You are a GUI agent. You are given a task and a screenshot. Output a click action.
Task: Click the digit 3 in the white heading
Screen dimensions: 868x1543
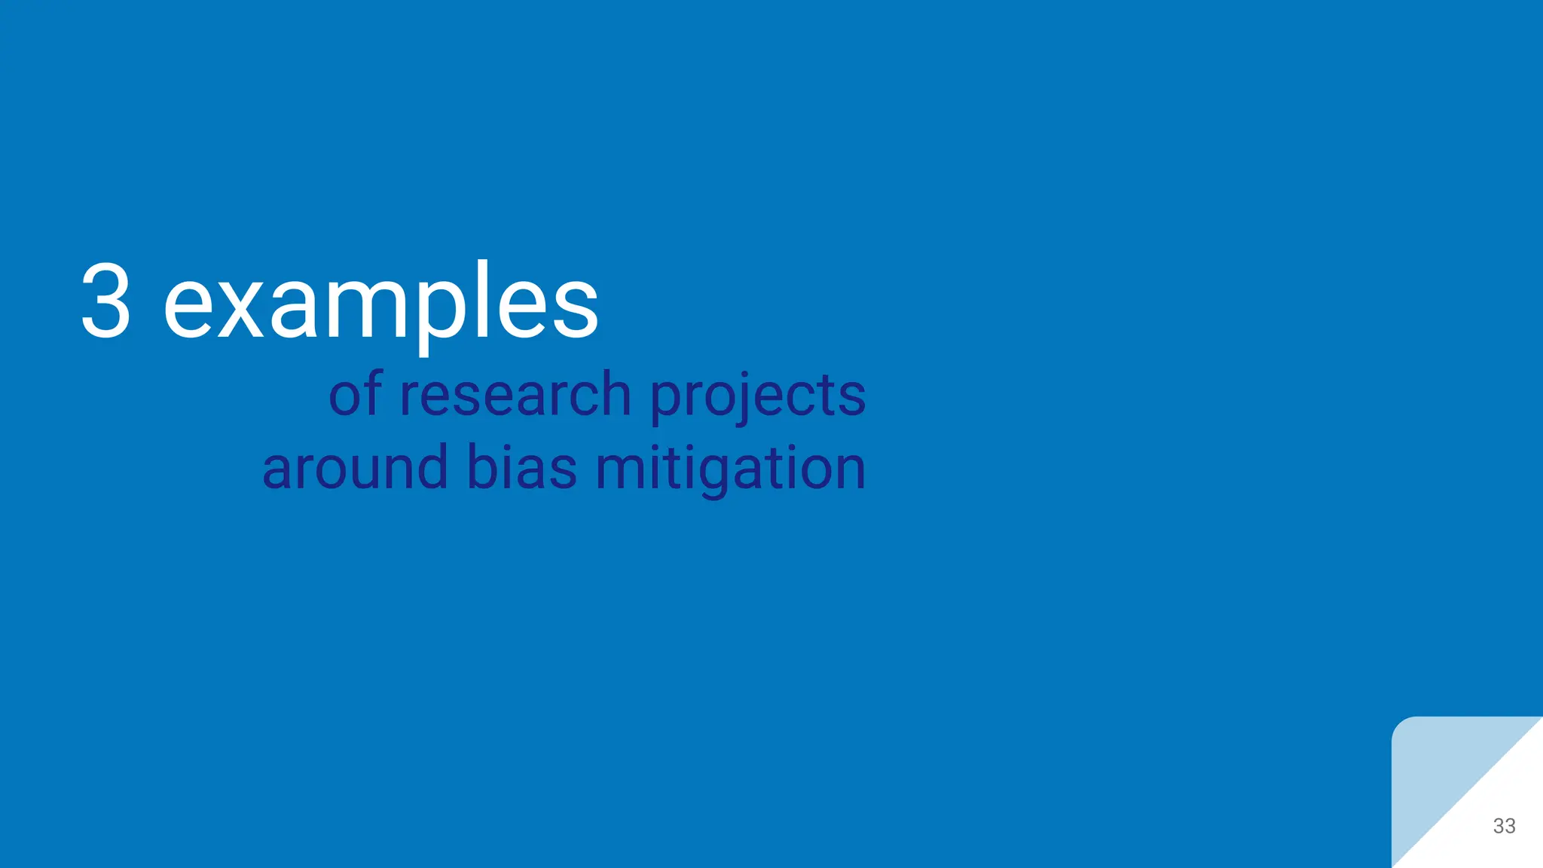coord(106,301)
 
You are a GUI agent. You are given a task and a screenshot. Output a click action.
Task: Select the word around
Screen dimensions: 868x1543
coord(355,468)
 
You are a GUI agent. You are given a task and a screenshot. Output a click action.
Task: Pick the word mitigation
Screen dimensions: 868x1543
coord(730,468)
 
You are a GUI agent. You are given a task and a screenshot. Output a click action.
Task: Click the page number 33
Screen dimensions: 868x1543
coord(1504,826)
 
